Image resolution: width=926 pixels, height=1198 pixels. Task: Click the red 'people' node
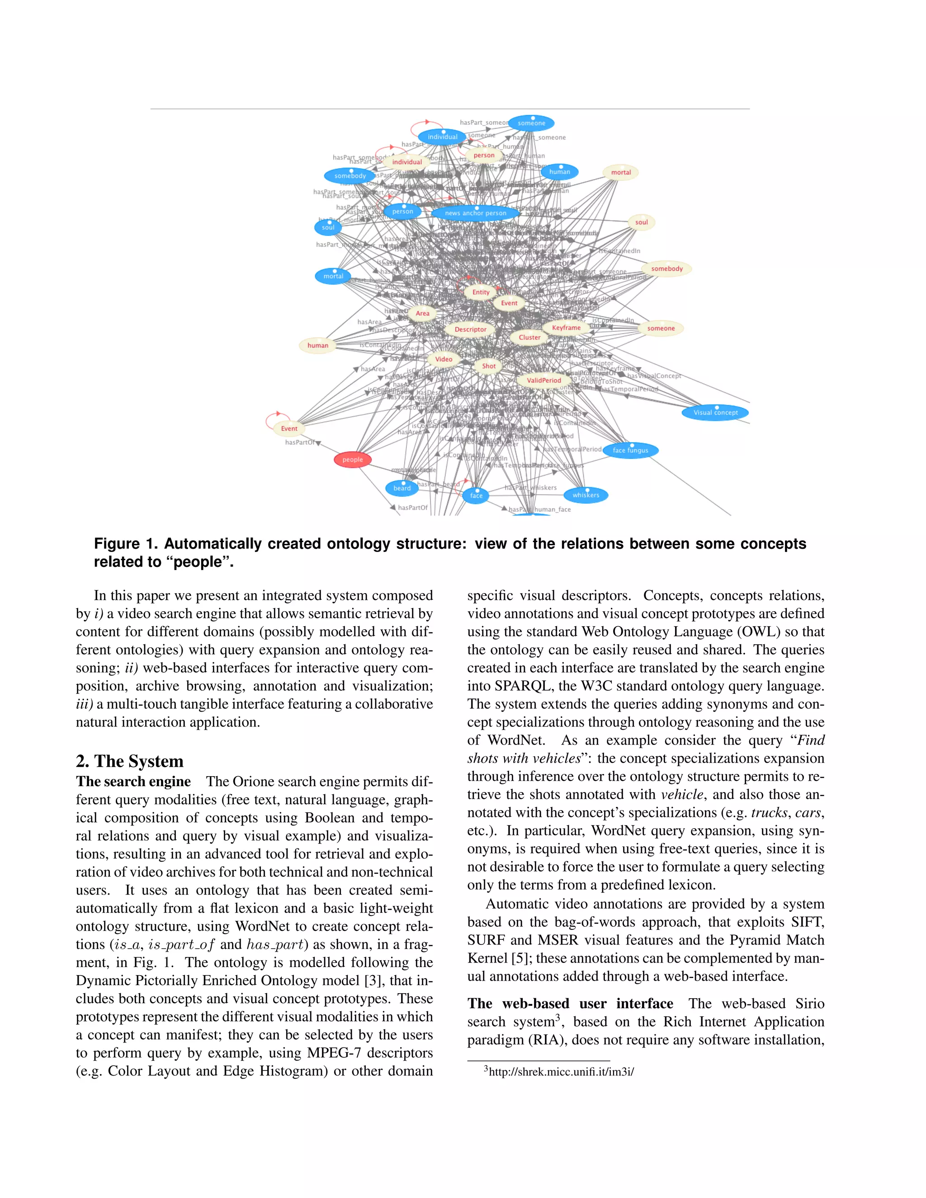coord(352,460)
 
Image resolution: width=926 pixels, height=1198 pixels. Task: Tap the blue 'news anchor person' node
coord(475,213)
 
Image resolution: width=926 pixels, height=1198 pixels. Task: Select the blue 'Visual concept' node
coord(715,412)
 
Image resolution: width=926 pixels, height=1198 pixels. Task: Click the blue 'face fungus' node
coord(630,450)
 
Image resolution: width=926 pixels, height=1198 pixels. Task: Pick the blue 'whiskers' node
coord(586,495)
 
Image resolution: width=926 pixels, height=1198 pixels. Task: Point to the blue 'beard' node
coord(402,488)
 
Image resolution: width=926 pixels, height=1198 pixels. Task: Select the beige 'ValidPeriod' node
coord(543,380)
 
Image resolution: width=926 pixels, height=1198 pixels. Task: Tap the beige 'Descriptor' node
coord(470,330)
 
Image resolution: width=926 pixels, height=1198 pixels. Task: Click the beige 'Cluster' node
coord(529,337)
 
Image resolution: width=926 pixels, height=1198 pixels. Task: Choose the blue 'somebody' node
coord(350,176)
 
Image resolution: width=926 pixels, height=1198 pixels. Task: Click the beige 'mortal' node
coord(620,172)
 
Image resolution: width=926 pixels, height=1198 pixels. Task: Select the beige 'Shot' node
coord(488,366)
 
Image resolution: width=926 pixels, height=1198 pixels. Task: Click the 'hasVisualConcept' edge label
coord(654,376)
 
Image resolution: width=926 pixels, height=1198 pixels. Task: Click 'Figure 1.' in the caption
coord(125,543)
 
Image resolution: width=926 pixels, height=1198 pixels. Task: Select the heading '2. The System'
coord(129,761)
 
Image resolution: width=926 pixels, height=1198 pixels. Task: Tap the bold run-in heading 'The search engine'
coord(133,782)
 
